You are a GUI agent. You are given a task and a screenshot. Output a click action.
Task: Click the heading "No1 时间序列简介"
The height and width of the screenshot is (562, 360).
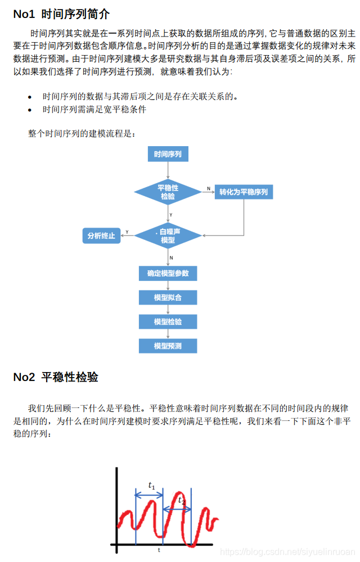61,13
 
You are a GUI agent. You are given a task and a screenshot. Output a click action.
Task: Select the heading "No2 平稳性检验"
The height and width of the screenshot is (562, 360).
56,377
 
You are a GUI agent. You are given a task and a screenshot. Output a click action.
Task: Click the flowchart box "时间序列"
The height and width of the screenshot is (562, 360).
168,154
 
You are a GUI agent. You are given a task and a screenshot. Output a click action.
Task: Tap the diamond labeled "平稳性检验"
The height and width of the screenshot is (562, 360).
168,192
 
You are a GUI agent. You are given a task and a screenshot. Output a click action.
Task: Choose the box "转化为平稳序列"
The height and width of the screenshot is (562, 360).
244,192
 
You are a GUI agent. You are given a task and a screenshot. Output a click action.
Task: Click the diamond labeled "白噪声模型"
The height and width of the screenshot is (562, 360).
168,235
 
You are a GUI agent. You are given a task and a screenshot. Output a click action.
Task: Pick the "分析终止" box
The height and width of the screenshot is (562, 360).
101,235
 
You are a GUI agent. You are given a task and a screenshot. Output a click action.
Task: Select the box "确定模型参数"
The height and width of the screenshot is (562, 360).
168,274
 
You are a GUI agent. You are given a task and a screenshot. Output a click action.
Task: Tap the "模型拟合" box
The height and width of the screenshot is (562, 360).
168,297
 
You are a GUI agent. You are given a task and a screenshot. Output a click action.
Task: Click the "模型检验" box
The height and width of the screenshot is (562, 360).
168,321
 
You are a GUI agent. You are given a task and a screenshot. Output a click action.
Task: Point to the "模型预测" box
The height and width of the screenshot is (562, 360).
168,346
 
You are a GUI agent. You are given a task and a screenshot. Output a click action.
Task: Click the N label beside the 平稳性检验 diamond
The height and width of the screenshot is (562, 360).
208,188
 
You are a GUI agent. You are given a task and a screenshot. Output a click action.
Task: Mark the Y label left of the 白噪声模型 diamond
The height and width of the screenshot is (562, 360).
127,232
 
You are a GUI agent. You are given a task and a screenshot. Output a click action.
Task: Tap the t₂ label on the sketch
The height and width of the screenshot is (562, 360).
181,500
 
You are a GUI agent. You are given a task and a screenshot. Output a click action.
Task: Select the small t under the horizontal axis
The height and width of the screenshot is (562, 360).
159,550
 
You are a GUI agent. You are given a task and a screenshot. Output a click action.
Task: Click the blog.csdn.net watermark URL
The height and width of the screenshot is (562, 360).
287,552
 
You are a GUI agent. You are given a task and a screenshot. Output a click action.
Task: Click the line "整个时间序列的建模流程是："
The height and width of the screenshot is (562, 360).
82,133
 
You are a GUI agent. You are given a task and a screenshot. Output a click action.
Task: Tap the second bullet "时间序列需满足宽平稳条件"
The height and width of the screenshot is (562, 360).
94,109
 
